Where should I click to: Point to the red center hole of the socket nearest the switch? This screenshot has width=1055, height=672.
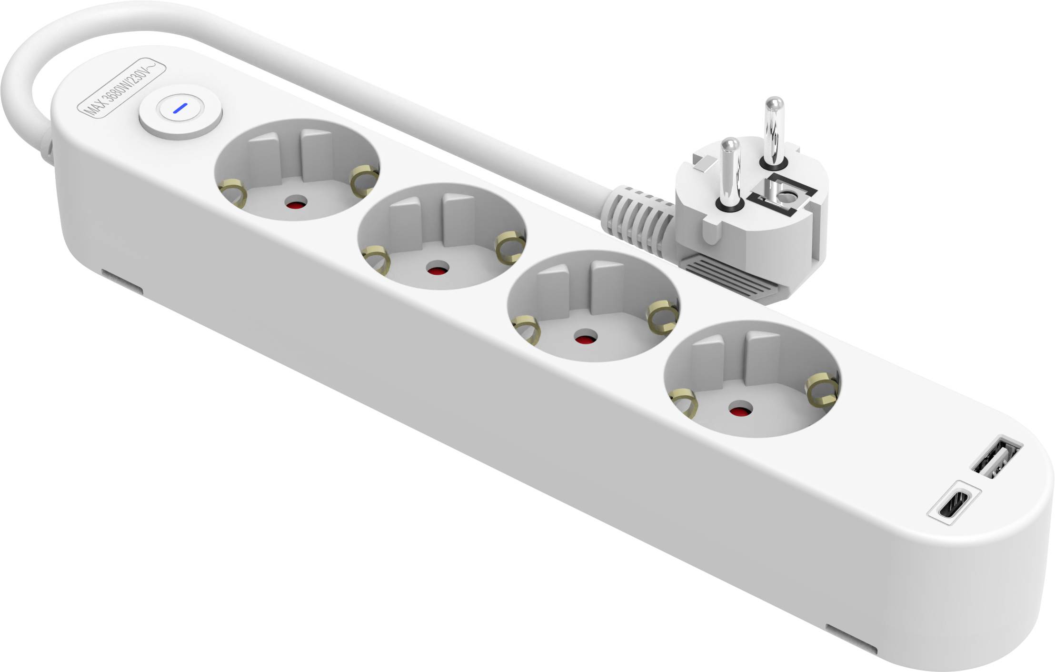tap(296, 203)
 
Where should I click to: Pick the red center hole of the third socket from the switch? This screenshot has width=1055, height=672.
tap(586, 337)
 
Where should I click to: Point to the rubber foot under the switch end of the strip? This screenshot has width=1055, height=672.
tap(121, 282)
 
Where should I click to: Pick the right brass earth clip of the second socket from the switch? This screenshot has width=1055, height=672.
tap(510, 247)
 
